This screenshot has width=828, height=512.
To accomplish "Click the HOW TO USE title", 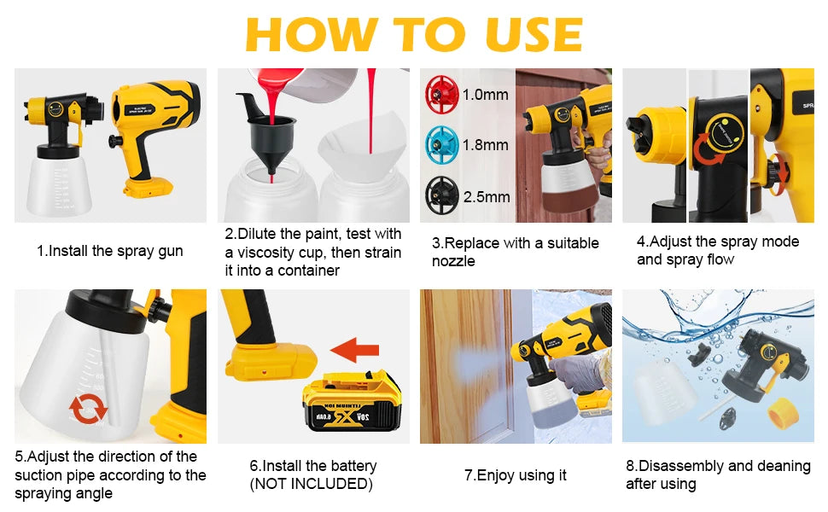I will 414,34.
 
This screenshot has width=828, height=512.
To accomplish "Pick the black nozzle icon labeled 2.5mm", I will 442,196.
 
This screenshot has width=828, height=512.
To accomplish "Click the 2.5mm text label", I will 486,197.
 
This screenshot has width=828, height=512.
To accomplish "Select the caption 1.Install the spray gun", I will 109,251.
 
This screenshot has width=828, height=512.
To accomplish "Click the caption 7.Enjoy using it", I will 515,475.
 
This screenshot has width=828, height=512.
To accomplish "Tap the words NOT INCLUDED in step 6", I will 311,484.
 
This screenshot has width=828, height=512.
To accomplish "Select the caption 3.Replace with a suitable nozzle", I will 515,252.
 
